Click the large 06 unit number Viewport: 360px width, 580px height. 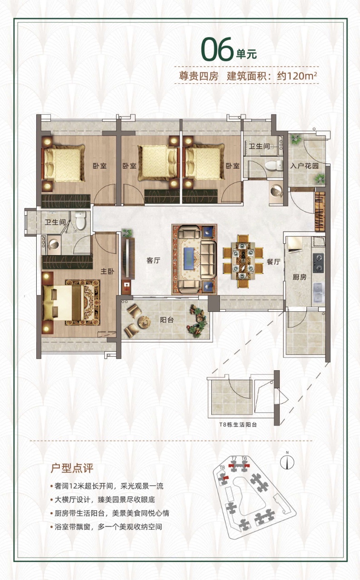pyautogui.click(x=217, y=49)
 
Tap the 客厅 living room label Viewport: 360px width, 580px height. pyautogui.click(x=153, y=260)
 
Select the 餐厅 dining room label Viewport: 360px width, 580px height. pyautogui.click(x=274, y=261)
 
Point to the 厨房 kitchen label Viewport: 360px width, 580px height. pyautogui.click(x=300, y=277)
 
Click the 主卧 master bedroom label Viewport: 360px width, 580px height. pyautogui.click(x=107, y=271)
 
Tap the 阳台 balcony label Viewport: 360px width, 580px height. pyautogui.click(x=166, y=320)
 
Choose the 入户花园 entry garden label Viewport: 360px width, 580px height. pyautogui.click(x=304, y=166)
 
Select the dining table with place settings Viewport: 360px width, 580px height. pyautogui.click(x=243, y=261)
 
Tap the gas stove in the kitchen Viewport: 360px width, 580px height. pyautogui.click(x=318, y=263)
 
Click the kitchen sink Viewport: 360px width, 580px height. pyautogui.click(x=318, y=293)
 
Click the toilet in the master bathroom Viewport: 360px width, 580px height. pyautogui.click(x=81, y=220)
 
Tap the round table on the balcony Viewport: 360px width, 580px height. pyautogui.click(x=144, y=322)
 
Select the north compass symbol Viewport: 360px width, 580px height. pyautogui.click(x=287, y=462)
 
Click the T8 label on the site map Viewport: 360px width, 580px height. pyautogui.click(x=222, y=468)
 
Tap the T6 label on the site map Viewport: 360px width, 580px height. pyautogui.click(x=244, y=459)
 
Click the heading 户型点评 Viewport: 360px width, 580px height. pyautogui.click(x=72, y=468)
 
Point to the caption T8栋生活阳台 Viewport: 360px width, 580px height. pyautogui.click(x=238, y=425)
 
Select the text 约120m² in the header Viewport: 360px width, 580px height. pyautogui.click(x=297, y=76)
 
